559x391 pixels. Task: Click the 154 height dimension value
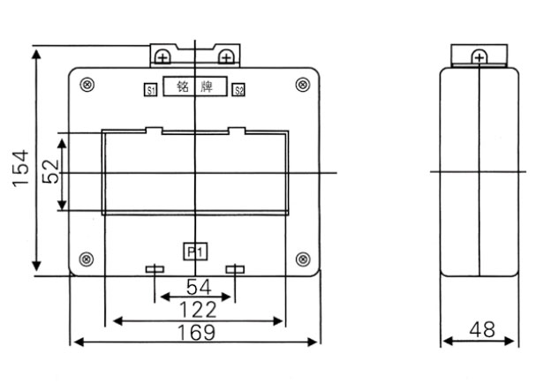[x=19, y=169]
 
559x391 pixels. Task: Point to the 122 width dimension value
[x=195, y=309]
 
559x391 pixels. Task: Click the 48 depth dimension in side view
[x=481, y=330]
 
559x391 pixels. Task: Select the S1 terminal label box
[x=150, y=89]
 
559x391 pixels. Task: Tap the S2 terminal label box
[x=238, y=89]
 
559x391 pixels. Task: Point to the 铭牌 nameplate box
[x=194, y=88]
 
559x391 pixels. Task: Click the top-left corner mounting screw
[x=87, y=85]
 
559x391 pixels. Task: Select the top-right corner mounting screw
[x=303, y=85]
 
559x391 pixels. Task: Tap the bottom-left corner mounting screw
[x=87, y=259]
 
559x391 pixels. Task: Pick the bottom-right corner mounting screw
[x=303, y=259]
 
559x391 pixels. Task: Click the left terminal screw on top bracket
[x=162, y=57]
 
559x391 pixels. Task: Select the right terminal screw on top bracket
[x=227, y=57]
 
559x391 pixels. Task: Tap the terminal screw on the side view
[x=478, y=57]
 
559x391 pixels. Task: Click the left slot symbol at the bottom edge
[x=155, y=269]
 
